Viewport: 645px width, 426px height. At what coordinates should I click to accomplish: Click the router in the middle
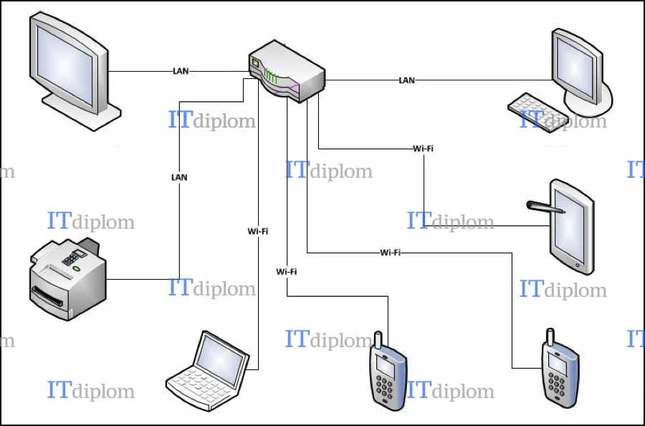(287, 71)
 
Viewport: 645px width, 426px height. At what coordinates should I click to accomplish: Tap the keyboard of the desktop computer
(533, 112)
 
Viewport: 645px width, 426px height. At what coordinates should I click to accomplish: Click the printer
(68, 279)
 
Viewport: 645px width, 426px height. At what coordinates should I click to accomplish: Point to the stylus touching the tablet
(545, 207)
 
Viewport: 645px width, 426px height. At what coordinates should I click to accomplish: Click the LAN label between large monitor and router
(181, 71)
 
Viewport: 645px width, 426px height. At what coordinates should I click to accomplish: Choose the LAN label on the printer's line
(179, 177)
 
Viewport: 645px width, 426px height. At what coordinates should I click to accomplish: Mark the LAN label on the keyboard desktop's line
(406, 80)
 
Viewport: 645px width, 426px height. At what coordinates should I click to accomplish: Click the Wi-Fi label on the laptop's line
(258, 232)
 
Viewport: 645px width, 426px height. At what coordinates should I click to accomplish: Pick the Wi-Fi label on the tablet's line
(424, 148)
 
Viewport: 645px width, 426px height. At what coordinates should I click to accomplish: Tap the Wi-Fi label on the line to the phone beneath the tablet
(391, 252)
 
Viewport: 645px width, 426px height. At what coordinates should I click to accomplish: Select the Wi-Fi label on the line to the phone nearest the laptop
(287, 272)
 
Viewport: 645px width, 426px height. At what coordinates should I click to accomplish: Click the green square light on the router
(255, 63)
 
